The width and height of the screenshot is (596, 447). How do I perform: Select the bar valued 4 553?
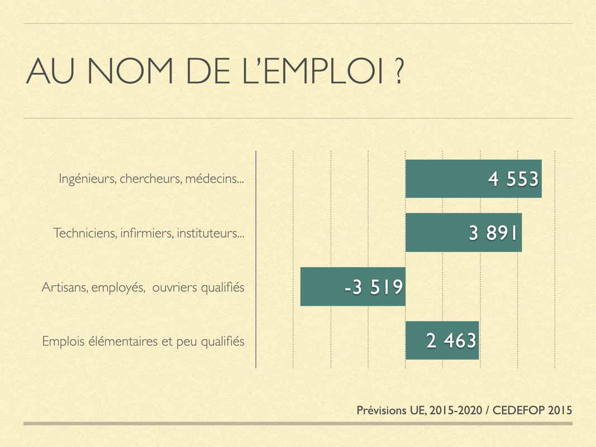pyautogui.click(x=441, y=179)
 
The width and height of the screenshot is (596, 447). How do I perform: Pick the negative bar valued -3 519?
pyautogui.click(x=318, y=287)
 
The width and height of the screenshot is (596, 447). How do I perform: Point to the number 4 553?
pyautogui.click(x=513, y=179)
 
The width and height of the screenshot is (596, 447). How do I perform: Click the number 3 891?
pyautogui.click(x=494, y=233)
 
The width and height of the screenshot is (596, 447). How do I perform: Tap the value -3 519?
pyautogui.click(x=373, y=287)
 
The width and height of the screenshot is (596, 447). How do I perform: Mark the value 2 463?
pyautogui.click(x=451, y=340)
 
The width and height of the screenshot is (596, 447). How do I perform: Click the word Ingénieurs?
pyautogui.click(x=87, y=179)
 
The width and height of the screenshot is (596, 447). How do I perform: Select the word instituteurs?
pyautogui.click(x=210, y=233)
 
